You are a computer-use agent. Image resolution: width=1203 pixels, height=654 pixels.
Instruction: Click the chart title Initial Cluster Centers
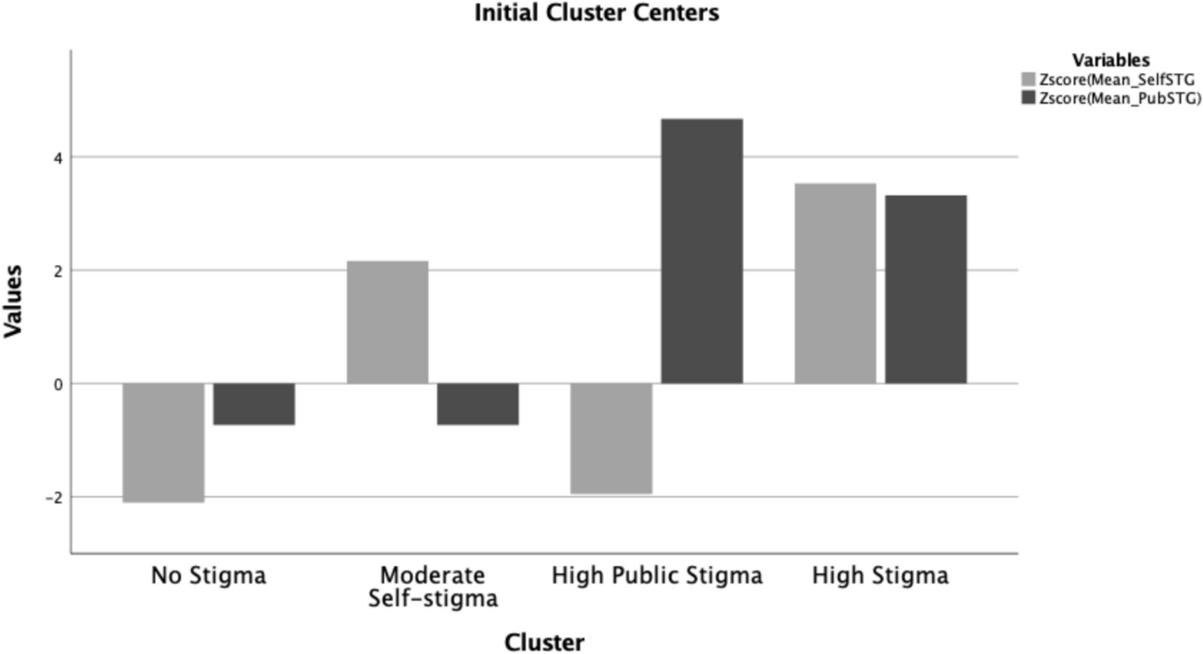pos(596,13)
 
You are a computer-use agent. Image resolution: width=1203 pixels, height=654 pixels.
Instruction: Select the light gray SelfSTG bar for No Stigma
pos(163,442)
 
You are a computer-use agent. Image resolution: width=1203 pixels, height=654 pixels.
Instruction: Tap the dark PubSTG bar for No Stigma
pos(254,404)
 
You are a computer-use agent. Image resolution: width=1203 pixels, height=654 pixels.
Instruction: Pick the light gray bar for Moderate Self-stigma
pos(388,322)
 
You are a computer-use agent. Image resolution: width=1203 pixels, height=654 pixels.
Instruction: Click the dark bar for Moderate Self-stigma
pos(478,404)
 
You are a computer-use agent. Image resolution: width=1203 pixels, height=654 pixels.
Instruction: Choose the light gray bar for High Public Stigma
pos(612,438)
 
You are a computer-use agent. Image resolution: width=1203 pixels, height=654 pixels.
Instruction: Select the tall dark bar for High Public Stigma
pos(702,250)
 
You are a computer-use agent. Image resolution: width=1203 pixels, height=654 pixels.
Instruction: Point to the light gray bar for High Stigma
pos(836,284)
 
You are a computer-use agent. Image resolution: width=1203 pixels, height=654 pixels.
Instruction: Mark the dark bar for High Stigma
pos(927,289)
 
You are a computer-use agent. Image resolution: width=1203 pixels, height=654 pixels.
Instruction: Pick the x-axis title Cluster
pos(545,642)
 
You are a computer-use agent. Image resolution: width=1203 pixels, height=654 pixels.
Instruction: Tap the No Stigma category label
pos(209,576)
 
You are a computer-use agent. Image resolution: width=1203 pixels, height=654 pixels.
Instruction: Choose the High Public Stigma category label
pos(657,576)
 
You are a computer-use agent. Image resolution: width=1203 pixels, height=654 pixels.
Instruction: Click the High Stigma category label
pos(881,576)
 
